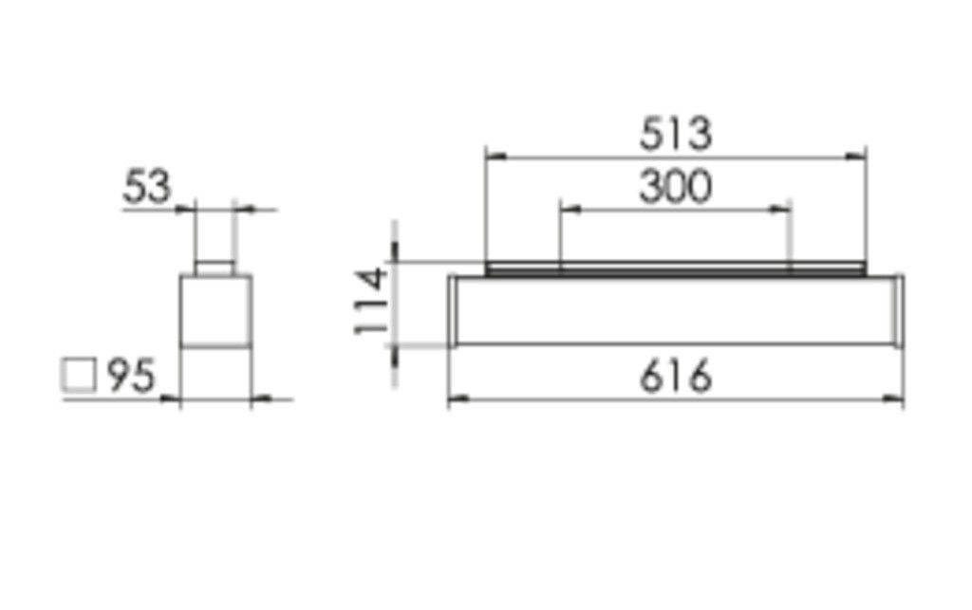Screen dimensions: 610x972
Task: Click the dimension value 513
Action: point(675,134)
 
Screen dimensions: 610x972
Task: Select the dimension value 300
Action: point(675,187)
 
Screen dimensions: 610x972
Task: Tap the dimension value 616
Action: point(675,378)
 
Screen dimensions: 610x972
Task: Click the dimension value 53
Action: point(147,188)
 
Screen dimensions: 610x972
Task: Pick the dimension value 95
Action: point(130,377)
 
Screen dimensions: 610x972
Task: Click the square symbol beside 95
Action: point(79,376)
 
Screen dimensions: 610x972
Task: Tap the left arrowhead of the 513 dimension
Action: point(492,156)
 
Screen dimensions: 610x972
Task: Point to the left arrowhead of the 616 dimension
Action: point(455,399)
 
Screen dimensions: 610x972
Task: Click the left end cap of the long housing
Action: point(453,310)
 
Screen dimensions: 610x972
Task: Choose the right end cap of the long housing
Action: point(897,310)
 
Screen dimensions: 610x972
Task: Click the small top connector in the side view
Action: point(215,268)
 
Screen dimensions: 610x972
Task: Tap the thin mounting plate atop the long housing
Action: point(675,269)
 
